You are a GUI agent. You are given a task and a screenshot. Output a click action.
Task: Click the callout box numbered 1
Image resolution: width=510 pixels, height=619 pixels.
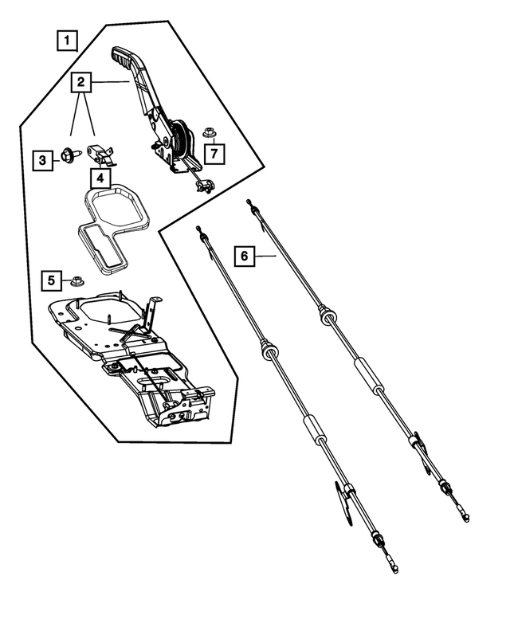(x=69, y=38)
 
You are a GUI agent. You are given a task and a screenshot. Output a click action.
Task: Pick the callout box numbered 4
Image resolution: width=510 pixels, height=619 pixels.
(x=100, y=178)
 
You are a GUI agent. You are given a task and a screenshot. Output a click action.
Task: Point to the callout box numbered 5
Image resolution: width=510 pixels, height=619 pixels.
(x=52, y=280)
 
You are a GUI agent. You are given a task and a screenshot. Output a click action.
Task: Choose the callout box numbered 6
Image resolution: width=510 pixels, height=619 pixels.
(x=245, y=256)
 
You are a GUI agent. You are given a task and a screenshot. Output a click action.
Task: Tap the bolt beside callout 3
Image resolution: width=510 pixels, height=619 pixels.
(x=66, y=158)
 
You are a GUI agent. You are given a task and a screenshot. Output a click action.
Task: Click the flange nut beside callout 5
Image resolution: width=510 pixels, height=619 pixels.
(x=77, y=280)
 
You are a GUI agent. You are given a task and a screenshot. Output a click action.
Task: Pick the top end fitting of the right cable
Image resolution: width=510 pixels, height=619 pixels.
(x=249, y=202)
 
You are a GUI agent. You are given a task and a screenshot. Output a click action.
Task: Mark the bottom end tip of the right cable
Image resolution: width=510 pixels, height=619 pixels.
(x=465, y=518)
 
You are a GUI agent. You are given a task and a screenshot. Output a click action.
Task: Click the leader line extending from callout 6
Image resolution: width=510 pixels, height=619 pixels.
(x=266, y=256)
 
